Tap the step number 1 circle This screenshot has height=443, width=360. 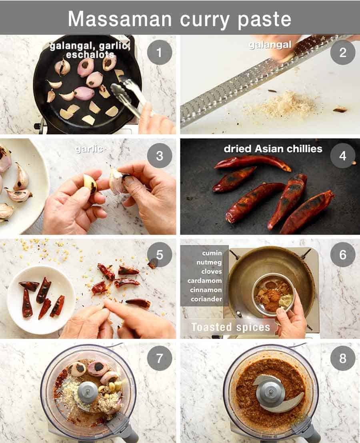(x=159, y=52)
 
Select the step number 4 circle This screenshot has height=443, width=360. (x=342, y=155)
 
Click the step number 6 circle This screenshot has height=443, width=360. (x=342, y=255)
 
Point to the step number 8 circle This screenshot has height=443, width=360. (x=342, y=358)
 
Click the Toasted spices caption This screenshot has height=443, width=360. (x=230, y=327)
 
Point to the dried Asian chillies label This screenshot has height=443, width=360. (x=273, y=149)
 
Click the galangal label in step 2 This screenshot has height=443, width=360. (x=270, y=45)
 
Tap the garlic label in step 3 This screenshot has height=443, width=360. (x=89, y=149)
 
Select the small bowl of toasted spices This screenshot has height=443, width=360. (x=273, y=295)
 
